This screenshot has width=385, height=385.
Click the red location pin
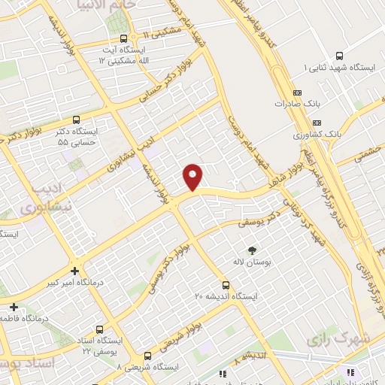click(193, 177)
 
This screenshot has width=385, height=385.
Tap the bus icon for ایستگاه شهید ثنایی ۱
click(340, 56)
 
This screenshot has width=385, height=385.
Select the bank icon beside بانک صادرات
click(298, 93)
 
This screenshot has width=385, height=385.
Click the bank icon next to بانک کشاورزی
click(317, 123)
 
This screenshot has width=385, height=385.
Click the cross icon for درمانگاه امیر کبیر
click(74, 271)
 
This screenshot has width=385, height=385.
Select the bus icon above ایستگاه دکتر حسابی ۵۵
click(76, 119)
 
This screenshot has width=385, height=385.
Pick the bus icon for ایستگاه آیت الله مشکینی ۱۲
click(121, 38)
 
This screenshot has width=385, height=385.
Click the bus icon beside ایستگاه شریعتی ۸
click(147, 356)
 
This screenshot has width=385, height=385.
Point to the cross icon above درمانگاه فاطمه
click(14, 306)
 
